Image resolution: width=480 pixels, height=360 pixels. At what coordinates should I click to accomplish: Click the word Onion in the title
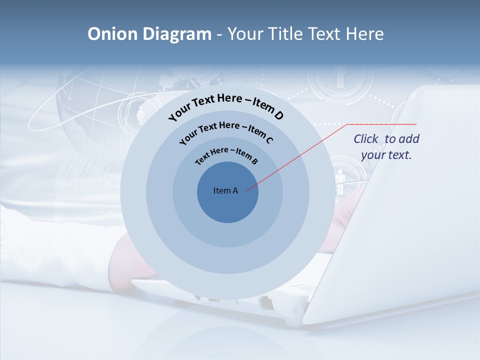(112, 34)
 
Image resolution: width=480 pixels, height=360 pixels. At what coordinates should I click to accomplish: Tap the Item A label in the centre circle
(225, 190)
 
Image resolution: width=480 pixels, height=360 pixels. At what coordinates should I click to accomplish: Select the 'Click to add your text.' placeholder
(386, 147)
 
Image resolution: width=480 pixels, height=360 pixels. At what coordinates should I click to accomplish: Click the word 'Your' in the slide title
(245, 34)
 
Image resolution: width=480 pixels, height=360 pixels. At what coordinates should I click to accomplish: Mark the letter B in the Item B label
(254, 161)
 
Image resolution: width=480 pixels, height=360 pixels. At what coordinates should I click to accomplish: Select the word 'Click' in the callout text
(366, 139)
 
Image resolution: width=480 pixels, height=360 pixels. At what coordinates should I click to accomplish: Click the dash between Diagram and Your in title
(219, 34)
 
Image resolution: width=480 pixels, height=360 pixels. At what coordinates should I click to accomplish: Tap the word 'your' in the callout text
(372, 155)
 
